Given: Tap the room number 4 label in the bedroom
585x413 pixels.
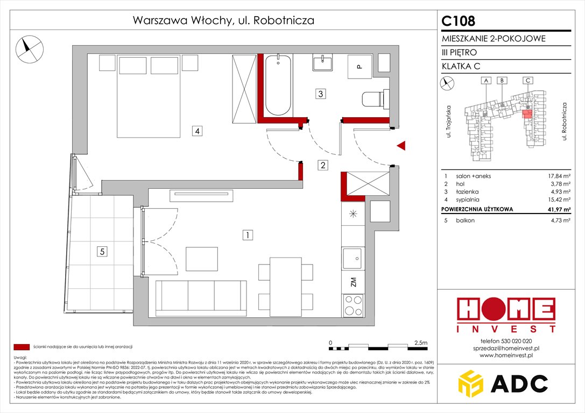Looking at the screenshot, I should [198, 130].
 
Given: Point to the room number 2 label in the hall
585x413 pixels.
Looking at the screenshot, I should [322, 166].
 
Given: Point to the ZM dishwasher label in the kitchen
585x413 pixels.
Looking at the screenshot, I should [353, 282].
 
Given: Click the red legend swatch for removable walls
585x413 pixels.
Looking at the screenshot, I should [22, 347].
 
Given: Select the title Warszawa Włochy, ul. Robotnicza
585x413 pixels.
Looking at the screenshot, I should [223, 21].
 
